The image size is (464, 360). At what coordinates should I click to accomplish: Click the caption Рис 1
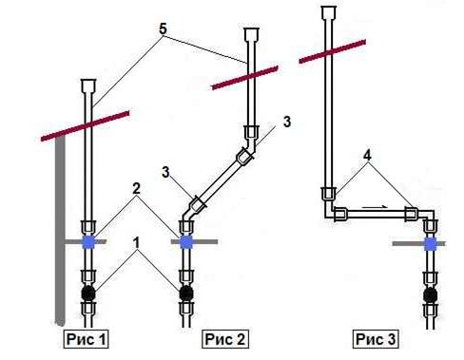click(86, 339)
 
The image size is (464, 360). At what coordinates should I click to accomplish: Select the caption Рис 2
click(225, 339)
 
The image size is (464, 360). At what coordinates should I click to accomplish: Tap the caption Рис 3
click(376, 339)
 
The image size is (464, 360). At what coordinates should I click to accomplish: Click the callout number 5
click(163, 29)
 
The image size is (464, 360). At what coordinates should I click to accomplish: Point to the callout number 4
click(367, 155)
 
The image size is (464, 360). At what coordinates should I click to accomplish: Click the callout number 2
click(136, 189)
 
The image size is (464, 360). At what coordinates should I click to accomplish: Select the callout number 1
click(136, 243)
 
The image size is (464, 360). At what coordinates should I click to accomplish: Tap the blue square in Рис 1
click(88, 242)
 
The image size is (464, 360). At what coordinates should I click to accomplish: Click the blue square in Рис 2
click(186, 242)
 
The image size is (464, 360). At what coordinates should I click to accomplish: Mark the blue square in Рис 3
click(431, 244)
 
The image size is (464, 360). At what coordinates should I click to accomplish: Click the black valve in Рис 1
click(88, 294)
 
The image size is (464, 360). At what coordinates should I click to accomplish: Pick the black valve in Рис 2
click(186, 294)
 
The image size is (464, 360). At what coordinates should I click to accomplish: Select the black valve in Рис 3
click(430, 295)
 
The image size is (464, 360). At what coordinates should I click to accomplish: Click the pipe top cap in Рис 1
click(88, 85)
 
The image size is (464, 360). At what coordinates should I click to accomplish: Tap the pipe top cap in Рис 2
click(251, 34)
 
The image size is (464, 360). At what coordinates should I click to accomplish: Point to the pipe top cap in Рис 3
click(329, 11)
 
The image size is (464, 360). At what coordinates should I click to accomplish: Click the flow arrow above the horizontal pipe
click(375, 207)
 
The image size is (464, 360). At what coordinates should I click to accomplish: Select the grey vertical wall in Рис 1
click(60, 231)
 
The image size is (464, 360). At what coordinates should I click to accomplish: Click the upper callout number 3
click(287, 122)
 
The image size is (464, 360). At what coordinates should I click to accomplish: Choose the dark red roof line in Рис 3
click(333, 51)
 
